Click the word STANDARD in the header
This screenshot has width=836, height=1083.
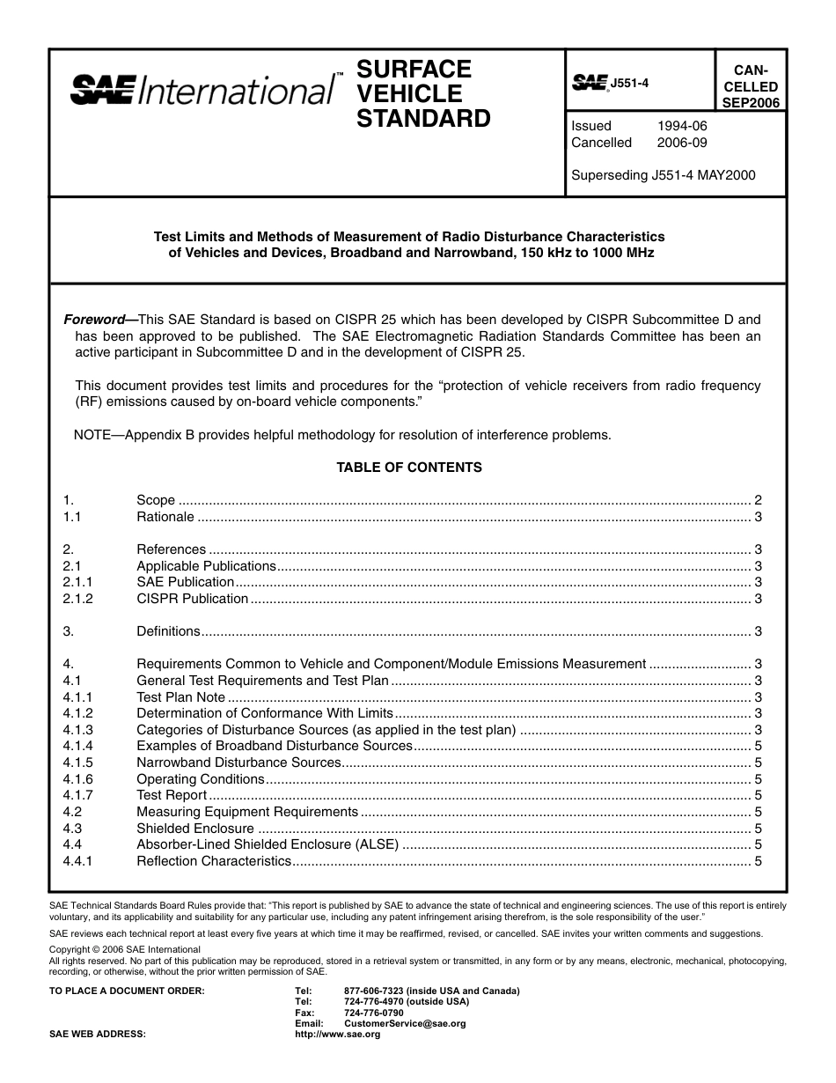423,119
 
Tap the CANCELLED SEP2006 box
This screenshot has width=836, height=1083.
750,86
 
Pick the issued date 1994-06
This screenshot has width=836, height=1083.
682,126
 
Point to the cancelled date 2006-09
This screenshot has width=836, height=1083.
682,143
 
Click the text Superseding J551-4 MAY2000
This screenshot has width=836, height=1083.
663,175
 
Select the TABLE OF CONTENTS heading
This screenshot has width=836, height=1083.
409,468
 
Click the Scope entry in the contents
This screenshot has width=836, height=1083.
156,500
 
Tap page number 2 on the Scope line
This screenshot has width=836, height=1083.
758,500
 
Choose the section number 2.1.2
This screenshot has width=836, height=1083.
77,599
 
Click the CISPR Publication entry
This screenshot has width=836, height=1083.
192,599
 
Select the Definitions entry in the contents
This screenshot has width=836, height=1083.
168,631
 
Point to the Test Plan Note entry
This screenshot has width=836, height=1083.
180,697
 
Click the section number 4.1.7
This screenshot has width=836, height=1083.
77,795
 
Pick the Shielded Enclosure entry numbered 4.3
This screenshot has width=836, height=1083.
194,829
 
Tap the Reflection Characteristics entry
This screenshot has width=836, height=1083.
213,861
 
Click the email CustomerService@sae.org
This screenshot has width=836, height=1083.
405,1024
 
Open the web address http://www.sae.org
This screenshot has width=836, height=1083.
337,1035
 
